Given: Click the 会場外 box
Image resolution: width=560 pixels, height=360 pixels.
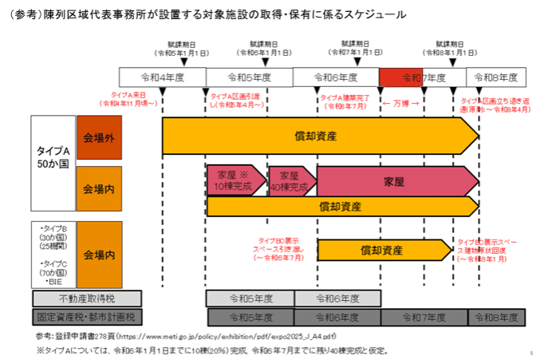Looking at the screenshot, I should click(99, 137).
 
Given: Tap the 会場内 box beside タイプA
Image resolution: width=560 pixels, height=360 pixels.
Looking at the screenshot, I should click(99, 189).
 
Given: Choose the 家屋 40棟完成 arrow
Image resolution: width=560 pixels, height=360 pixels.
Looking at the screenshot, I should click(290, 180).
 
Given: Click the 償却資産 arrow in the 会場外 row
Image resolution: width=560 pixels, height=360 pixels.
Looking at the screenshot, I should click(319, 136).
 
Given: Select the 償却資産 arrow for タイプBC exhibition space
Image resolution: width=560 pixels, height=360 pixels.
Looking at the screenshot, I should click(383, 250).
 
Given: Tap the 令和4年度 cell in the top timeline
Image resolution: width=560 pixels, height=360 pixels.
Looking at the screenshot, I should click(163, 77).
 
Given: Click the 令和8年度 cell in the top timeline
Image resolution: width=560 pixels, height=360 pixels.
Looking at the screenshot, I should click(497, 77).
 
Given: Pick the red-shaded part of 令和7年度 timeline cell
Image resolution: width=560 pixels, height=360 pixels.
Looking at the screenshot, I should click(400, 77).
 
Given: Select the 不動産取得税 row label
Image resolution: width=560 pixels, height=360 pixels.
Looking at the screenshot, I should click(88, 299).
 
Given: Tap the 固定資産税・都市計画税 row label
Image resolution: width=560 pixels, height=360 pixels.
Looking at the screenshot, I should click(88, 317).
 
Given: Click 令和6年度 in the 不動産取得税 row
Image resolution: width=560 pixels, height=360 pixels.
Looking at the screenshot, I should click(337, 299).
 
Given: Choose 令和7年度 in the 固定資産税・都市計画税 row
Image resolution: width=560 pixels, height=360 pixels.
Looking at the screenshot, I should click(424, 317).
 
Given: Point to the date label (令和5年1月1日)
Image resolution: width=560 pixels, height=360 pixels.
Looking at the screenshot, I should click(183, 51).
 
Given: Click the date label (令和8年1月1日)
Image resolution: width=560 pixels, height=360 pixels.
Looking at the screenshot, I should click(452, 51).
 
